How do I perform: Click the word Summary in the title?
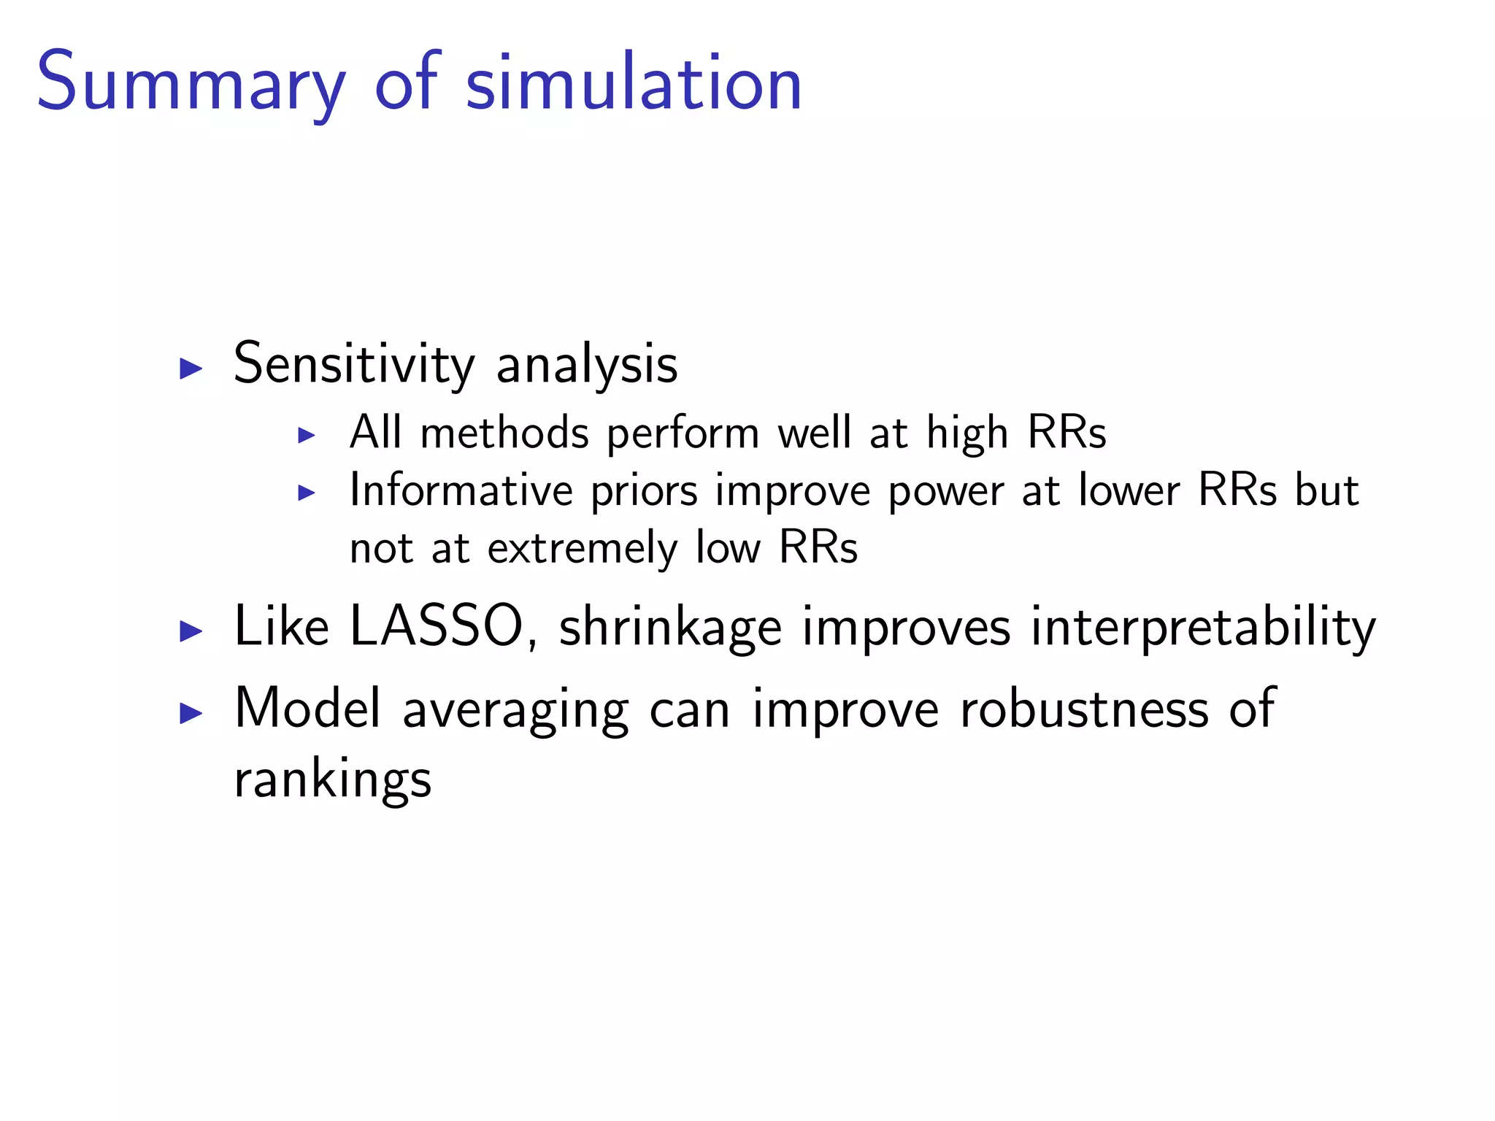pos(191,84)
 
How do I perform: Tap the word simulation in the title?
pos(634,84)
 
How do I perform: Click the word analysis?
pos(587,365)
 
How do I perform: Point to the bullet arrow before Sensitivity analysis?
pos(191,369)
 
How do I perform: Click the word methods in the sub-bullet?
pos(504,433)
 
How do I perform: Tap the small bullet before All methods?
pos(307,436)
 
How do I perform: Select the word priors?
pos(644,491)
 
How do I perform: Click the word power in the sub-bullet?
pos(946,491)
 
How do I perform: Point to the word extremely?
pos(583,549)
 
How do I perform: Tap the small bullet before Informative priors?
pos(307,493)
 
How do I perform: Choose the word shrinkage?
pos(670,628)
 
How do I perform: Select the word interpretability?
pos(1202,628)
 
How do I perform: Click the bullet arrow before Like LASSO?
pos(191,631)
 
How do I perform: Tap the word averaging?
pos(515,710)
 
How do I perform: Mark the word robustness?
pos(1084,709)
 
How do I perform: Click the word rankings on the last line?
pos(333,780)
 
